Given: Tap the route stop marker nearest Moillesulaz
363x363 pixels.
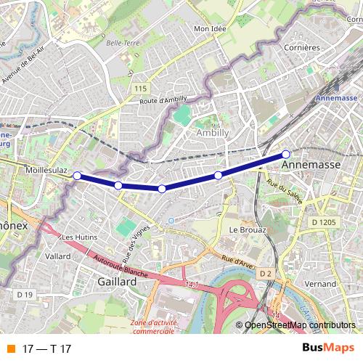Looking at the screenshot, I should pyautogui.click(x=77, y=176).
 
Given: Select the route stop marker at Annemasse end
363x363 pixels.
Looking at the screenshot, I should pyautogui.click(x=286, y=154).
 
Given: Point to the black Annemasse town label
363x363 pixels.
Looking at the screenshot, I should pyautogui.click(x=310, y=165).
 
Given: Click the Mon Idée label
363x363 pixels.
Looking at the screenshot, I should pyautogui.click(x=211, y=29).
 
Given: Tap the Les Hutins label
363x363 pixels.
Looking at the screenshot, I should pyautogui.click(x=79, y=237).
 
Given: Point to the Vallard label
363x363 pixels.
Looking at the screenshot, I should pyautogui.click(x=57, y=256).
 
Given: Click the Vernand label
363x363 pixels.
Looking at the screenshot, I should pyautogui.click(x=320, y=284).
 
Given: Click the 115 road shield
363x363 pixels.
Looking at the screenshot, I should pyautogui.click(x=141, y=88).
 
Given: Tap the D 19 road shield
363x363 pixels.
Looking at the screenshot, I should pyautogui.click(x=25, y=294).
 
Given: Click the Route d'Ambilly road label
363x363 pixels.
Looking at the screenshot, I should pyautogui.click(x=164, y=102).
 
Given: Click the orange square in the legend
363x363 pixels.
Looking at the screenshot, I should pyautogui.click(x=10, y=348).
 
